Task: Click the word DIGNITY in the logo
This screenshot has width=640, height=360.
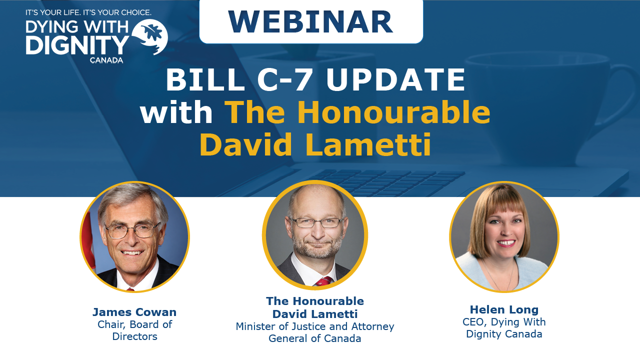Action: pos(77,45)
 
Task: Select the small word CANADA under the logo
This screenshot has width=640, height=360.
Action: pos(106,60)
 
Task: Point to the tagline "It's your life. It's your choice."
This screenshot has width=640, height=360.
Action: pos(88,12)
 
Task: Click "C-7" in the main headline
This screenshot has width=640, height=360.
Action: pos(284,79)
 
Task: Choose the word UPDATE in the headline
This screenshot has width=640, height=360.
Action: pos(396,79)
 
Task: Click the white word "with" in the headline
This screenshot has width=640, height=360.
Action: pos(176,112)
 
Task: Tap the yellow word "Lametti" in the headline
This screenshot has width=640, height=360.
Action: pos(368,144)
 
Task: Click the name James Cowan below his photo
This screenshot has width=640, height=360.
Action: pos(134,312)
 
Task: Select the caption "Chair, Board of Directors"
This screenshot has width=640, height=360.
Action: pos(134,330)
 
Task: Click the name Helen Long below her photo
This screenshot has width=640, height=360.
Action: pos(504,309)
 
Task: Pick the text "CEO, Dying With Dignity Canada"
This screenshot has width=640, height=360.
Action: pos(504,327)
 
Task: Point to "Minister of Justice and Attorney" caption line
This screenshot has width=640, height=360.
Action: pos(315,326)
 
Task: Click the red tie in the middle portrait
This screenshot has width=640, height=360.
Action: pos(323,281)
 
